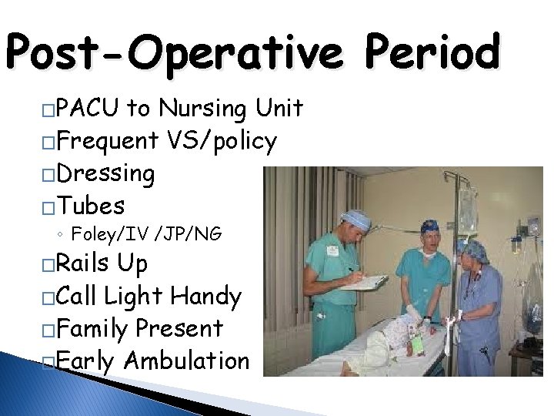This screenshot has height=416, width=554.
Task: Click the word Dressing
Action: click(106, 174)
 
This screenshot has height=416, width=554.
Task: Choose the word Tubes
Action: click(92, 206)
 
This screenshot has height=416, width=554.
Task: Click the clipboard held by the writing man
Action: click(364, 282)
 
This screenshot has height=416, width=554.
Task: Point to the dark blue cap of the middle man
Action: click(429, 226)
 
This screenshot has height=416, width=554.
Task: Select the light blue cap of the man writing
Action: click(357, 218)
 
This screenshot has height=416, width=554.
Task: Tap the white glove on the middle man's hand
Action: click(415, 312)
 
